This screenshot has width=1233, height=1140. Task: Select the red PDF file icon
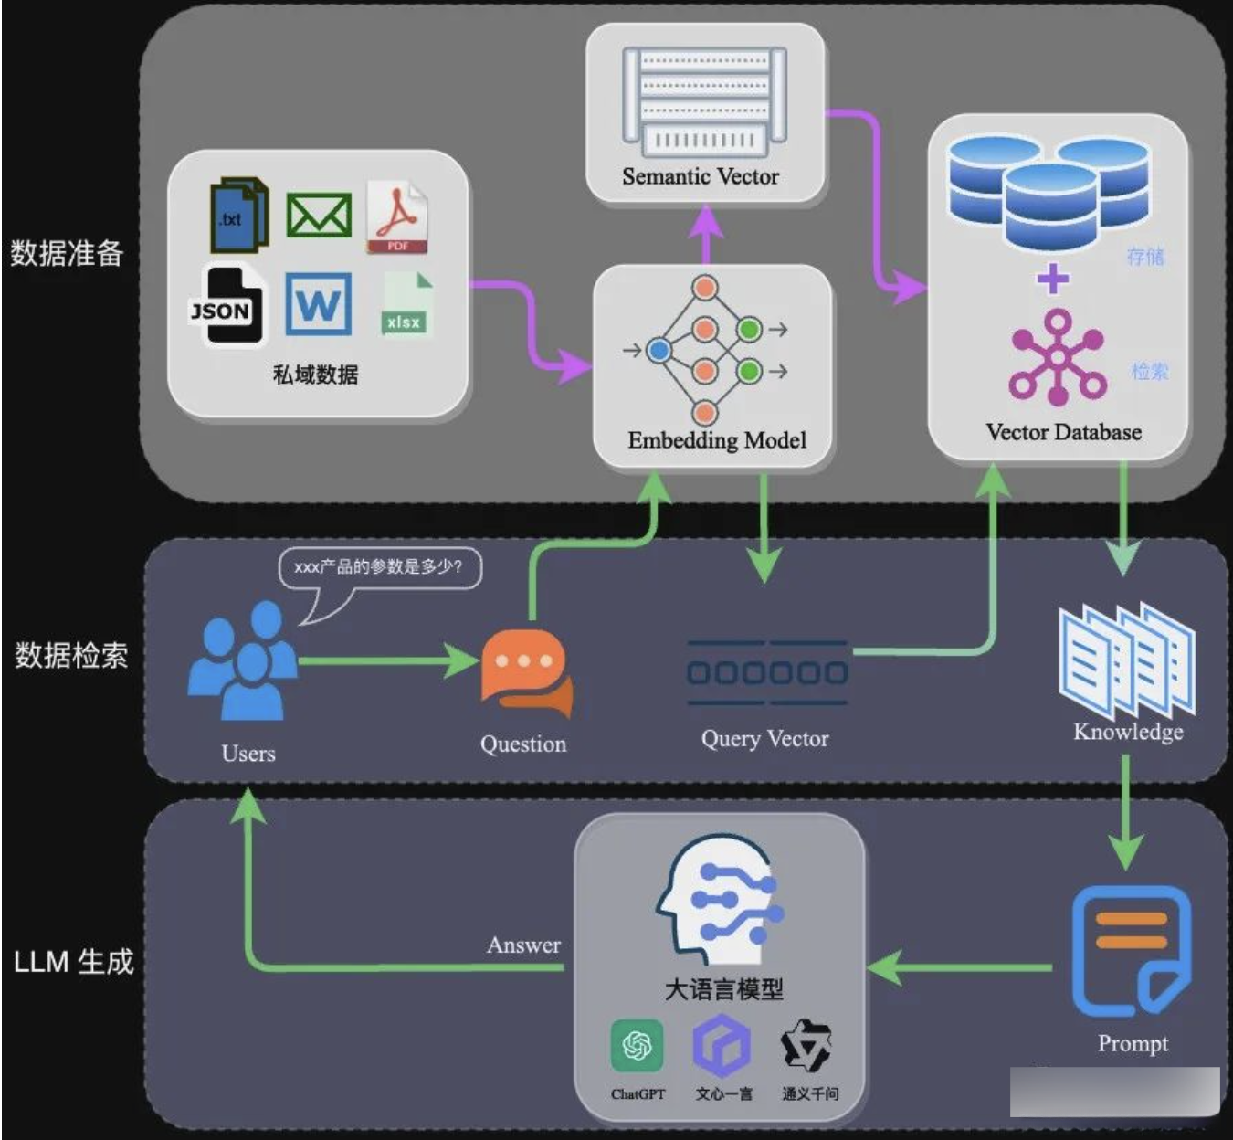click(x=397, y=217)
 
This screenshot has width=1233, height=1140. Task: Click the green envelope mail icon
click(x=319, y=216)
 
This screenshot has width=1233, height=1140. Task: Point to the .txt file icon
click(x=237, y=216)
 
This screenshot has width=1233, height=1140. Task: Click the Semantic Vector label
click(x=701, y=177)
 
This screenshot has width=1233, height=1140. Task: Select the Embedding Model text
click(x=717, y=440)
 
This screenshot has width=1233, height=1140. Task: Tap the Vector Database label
click(x=1063, y=432)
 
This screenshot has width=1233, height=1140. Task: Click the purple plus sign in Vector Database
click(x=1053, y=278)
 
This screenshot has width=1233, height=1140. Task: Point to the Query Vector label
click(x=764, y=739)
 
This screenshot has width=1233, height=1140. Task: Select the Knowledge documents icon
click(x=1127, y=660)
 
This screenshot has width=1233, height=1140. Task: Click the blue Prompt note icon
click(x=1131, y=950)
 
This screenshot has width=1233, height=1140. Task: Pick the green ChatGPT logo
click(x=637, y=1045)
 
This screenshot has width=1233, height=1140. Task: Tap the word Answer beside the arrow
click(x=523, y=945)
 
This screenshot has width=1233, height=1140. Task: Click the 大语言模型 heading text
click(x=723, y=989)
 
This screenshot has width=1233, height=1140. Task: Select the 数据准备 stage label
click(x=67, y=253)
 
